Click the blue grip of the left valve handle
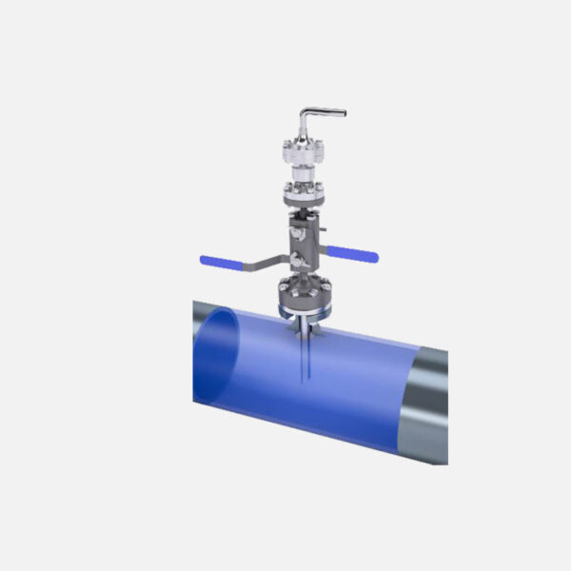pos(218,260)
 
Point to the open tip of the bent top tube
pos(342,113)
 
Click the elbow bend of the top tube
pos(305,115)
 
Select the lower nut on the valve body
pos(298,260)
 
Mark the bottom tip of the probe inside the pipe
pos(301,383)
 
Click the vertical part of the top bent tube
pos(302,128)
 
